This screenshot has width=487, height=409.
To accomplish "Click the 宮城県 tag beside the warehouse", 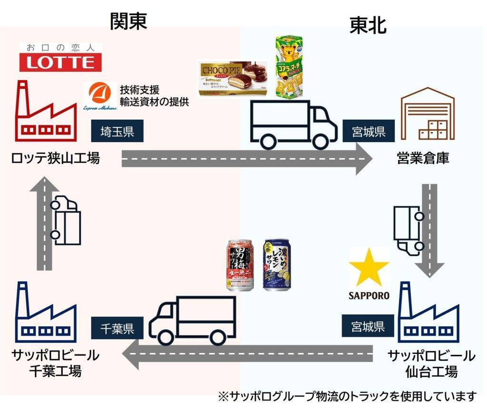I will (369, 132).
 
